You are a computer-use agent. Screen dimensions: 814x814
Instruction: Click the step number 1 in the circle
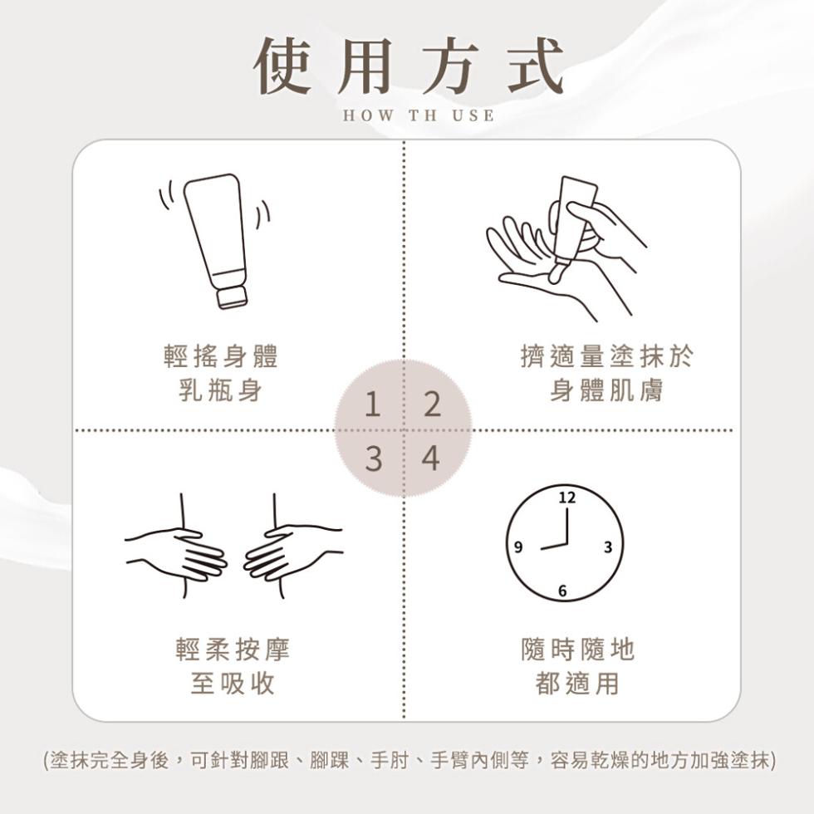click(373, 405)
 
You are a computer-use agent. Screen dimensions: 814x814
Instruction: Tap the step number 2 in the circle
click(431, 405)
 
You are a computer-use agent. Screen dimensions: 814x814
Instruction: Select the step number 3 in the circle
click(374, 458)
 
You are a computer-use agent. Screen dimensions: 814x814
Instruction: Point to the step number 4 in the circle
click(430, 458)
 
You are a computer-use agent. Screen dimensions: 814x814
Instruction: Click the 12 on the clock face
click(566, 498)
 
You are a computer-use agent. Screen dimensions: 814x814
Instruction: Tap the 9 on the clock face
click(518, 547)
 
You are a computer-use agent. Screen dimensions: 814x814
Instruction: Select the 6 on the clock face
click(563, 591)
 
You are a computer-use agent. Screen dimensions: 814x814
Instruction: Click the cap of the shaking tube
click(232, 296)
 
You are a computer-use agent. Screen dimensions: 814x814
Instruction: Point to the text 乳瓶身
click(220, 390)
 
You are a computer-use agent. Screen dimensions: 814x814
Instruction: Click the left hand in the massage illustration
click(179, 552)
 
